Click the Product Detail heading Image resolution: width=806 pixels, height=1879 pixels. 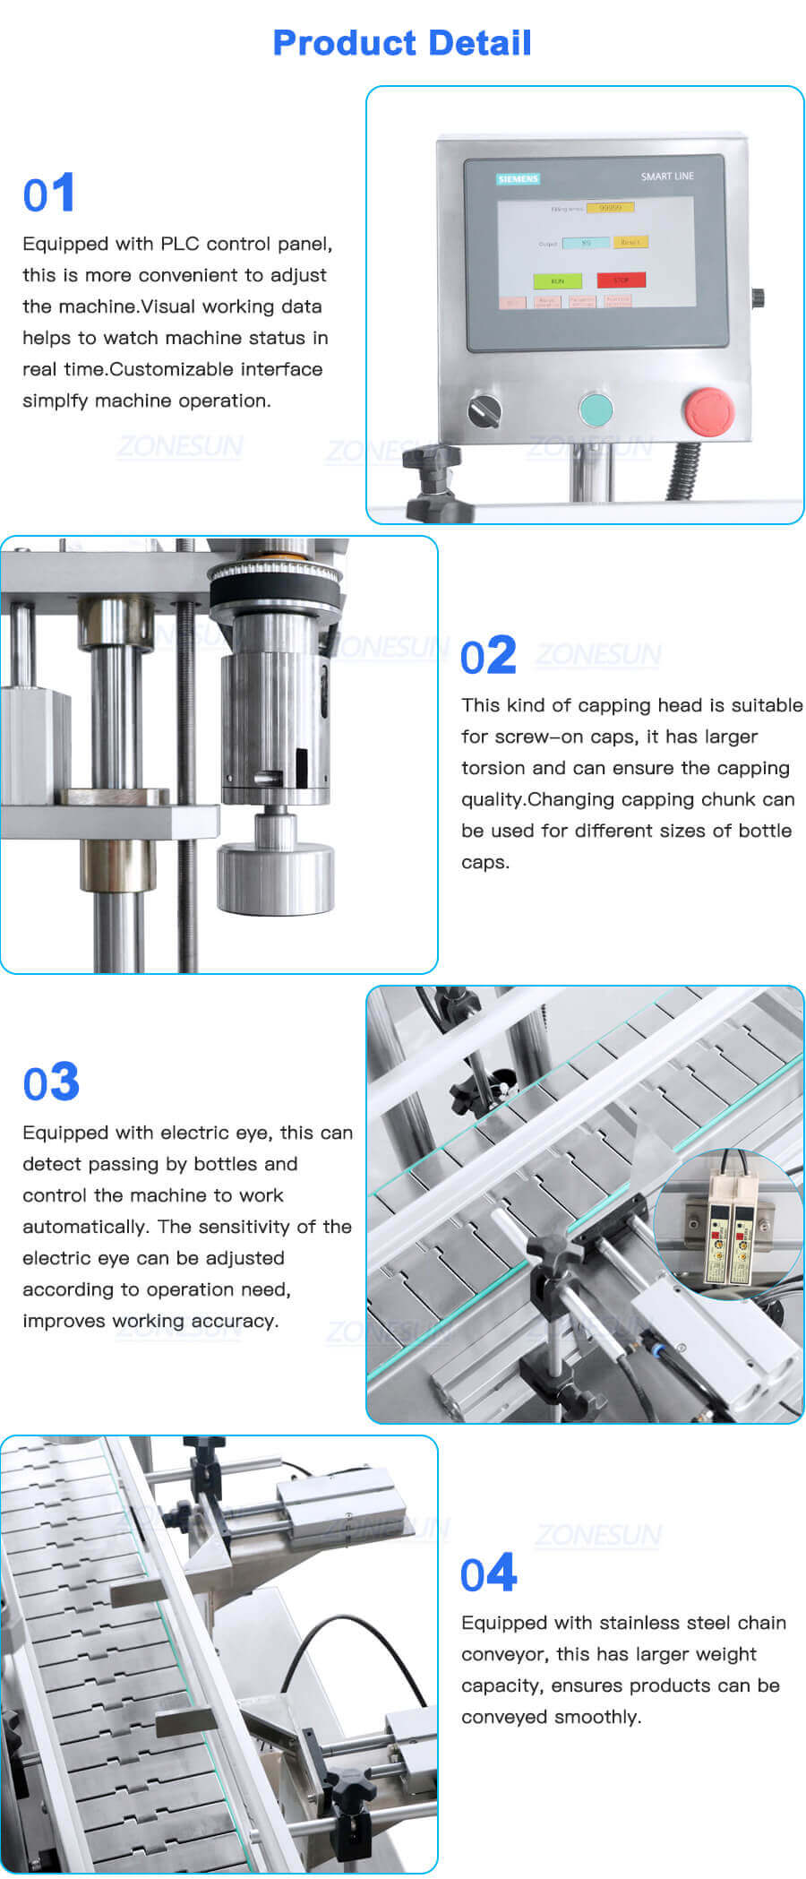[x=402, y=43]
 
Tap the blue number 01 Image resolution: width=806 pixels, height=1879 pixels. [x=49, y=194]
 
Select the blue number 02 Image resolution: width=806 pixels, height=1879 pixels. [x=488, y=656]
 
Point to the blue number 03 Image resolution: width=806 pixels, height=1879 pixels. [x=51, y=1082]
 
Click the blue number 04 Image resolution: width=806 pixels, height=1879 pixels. [x=488, y=1574]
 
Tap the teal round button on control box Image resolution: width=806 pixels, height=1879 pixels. [x=596, y=409]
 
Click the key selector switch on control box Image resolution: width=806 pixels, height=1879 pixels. [x=484, y=410]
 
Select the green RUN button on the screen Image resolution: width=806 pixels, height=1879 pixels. [x=557, y=280]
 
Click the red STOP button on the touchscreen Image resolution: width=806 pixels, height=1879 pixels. [x=621, y=280]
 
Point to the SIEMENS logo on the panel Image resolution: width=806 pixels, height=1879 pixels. [x=518, y=178]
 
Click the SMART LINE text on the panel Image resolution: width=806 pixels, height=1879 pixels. [x=667, y=177]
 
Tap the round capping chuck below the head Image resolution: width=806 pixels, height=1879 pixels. [x=276, y=878]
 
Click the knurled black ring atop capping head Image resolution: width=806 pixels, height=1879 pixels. [x=275, y=583]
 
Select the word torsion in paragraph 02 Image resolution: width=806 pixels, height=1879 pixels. [x=491, y=768]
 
